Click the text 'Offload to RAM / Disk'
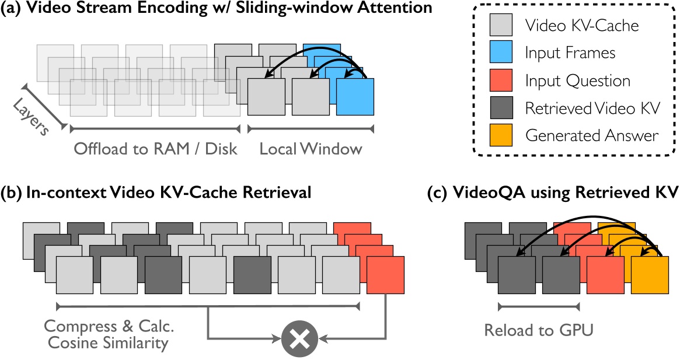pos(155,149)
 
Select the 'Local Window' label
pos(311,149)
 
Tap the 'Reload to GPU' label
pos(538,330)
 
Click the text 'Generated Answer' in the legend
pos(592,136)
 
